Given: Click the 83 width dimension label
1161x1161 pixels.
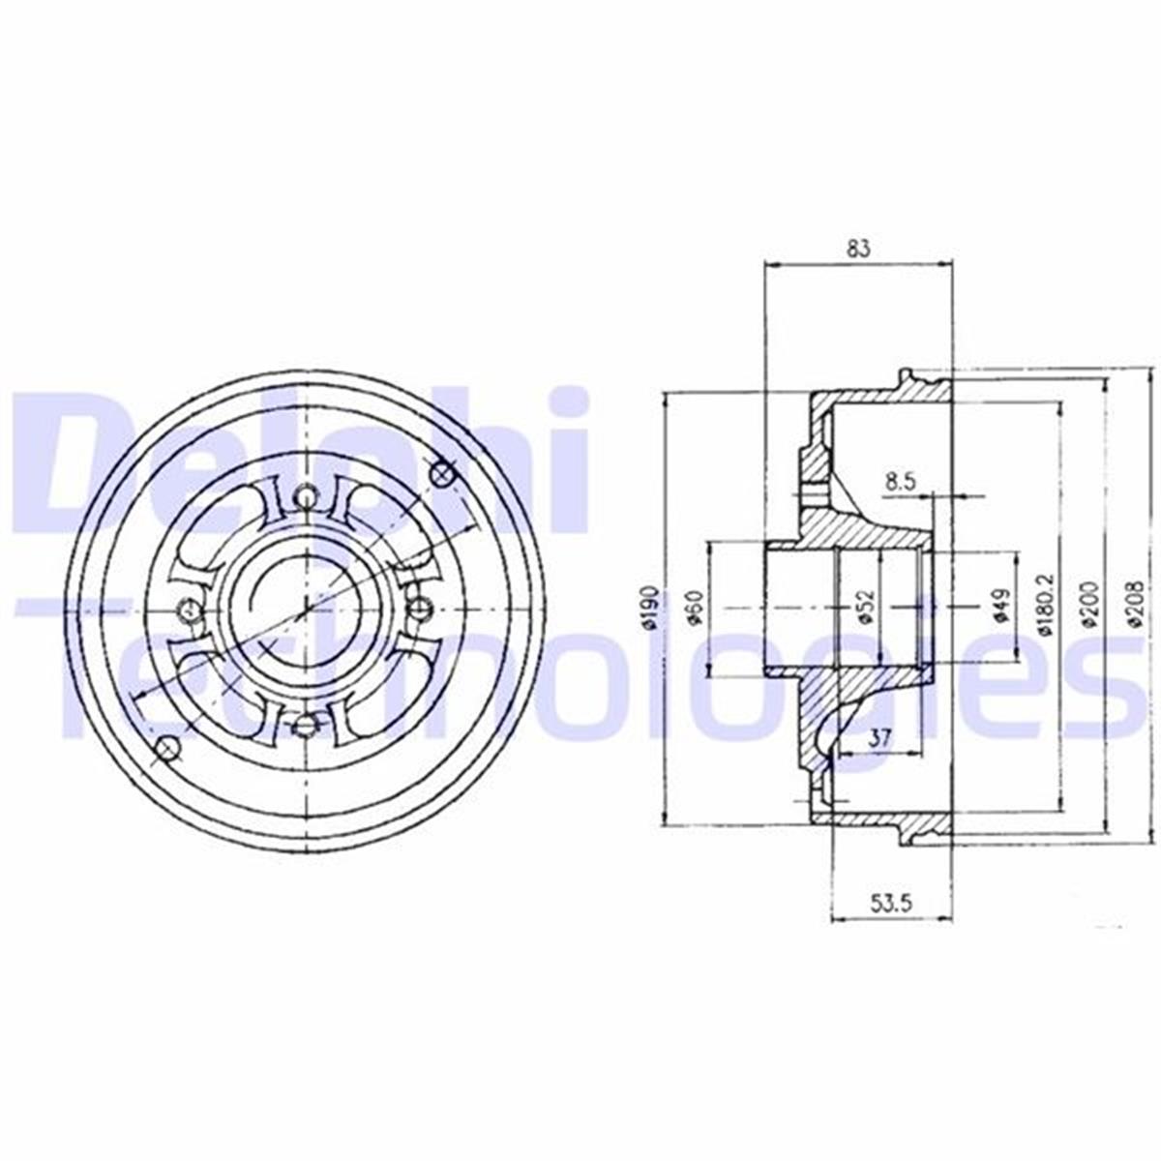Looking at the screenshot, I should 858,248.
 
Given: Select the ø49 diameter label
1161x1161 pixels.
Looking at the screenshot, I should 1000,608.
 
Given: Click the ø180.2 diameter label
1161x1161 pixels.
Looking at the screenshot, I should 1044,606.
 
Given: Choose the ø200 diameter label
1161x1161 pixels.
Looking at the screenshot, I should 1089,606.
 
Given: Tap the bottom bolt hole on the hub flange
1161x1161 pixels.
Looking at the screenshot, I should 307,723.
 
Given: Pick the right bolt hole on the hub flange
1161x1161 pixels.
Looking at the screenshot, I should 421,609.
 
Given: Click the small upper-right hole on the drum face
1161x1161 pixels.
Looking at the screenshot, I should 443,473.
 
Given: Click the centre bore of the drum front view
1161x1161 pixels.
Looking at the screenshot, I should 307,609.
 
